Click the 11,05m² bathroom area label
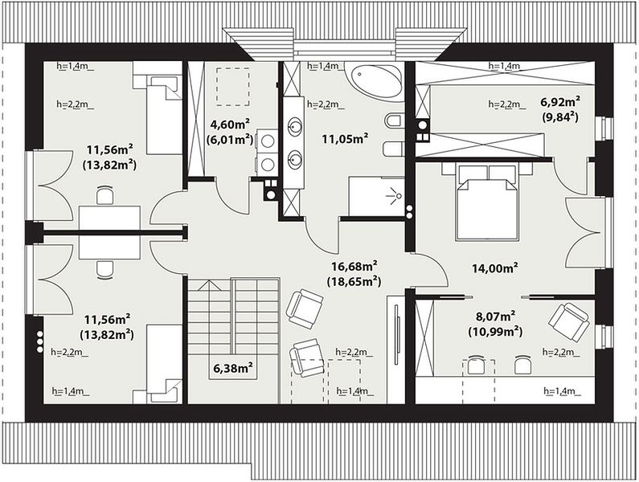[x=345, y=139]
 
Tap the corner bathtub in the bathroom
[x=374, y=79]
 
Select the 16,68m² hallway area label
[x=354, y=267]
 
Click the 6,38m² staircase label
[x=233, y=368]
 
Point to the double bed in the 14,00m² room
[x=487, y=202]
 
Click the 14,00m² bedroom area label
[x=495, y=268]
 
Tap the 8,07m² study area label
[x=496, y=317]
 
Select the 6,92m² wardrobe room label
[x=560, y=101]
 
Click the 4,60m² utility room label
[x=229, y=124]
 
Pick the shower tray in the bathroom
[x=376, y=196]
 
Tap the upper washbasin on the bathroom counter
[x=294, y=126]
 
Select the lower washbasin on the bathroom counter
[x=294, y=159]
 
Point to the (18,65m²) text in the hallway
[x=354, y=281]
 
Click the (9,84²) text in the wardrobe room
[x=560, y=117]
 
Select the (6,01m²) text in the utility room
[x=229, y=139]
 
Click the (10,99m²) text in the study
[x=495, y=331]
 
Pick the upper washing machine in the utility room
[x=267, y=141]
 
